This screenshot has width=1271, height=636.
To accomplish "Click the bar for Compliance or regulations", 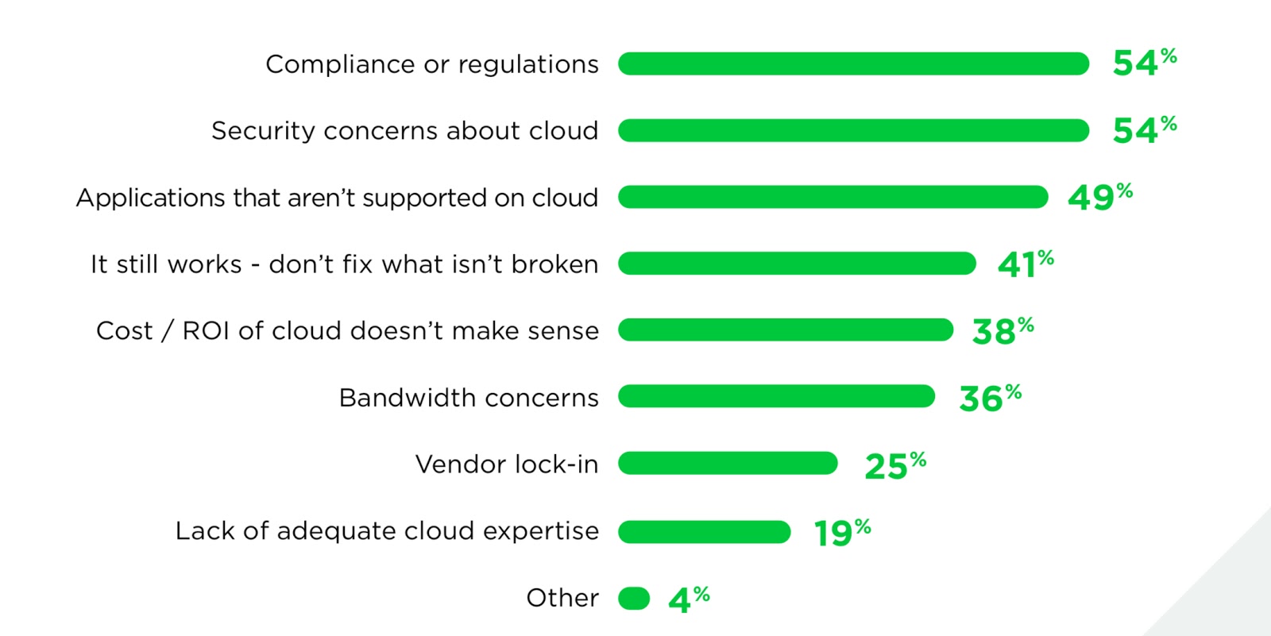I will tap(853, 64).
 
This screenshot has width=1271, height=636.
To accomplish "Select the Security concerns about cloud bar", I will tap(853, 130).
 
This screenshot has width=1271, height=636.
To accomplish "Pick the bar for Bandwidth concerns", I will tap(776, 396).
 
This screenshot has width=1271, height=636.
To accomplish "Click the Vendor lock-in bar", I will tap(728, 463).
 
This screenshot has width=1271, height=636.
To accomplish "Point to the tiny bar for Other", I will tap(634, 598).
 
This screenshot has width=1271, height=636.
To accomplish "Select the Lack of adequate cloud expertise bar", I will tap(704, 531).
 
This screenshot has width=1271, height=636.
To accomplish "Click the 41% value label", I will tap(1025, 264).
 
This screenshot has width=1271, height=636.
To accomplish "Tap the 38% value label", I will tap(1003, 330).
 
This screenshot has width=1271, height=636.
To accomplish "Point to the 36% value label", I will tap(990, 397).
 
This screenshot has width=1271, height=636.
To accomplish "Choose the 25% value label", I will tap(895, 464).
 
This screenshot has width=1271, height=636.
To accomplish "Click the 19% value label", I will tap(842, 532).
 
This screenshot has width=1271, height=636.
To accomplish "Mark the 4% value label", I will tap(689, 599).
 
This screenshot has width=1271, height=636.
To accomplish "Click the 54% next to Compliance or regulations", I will tap(1144, 62).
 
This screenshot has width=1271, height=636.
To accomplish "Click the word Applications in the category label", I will tap(150, 198).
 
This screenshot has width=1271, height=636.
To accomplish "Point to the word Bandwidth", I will tap(408, 397).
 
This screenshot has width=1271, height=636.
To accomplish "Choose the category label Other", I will tap(562, 597).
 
